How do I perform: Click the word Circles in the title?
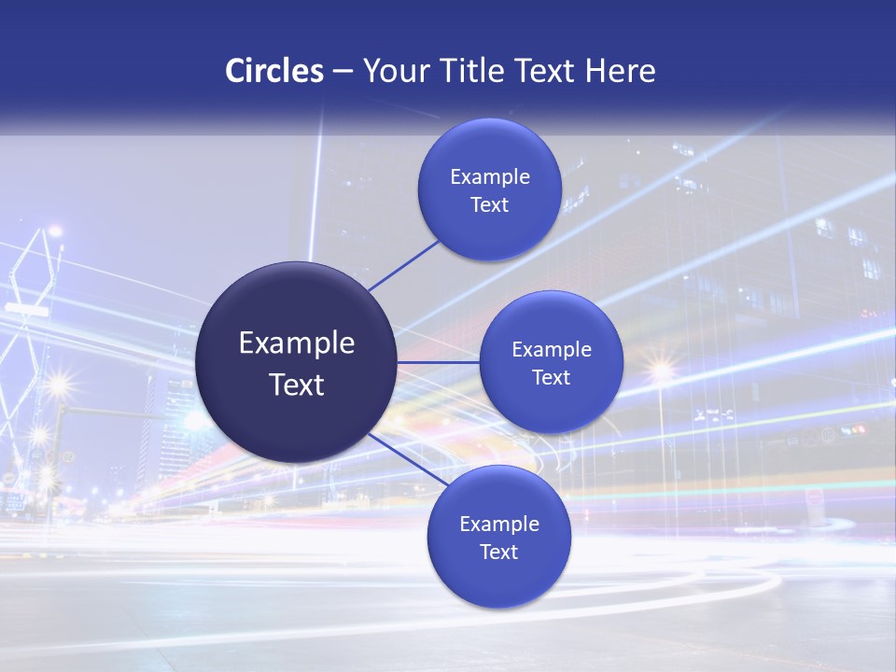(273, 71)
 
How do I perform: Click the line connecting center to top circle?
(403, 265)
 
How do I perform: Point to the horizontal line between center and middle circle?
(438, 362)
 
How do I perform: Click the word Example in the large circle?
(297, 343)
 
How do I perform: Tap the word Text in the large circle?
(297, 385)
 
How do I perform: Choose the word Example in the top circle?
(490, 177)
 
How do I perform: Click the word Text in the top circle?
(490, 205)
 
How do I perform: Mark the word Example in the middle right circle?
(552, 350)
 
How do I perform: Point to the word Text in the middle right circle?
(552, 378)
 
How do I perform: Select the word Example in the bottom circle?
(499, 525)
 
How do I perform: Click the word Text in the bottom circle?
(499, 553)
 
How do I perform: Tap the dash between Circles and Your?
(343, 72)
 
